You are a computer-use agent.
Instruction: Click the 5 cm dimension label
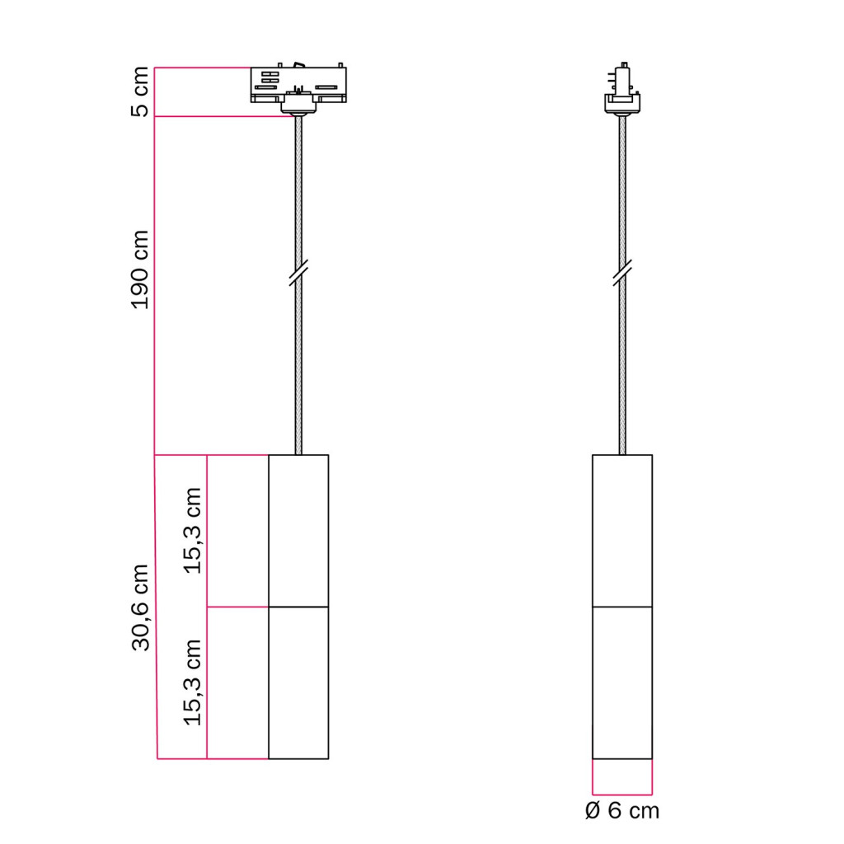coord(140,91)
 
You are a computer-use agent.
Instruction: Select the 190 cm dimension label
coord(140,270)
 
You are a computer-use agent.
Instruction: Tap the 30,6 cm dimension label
coord(140,607)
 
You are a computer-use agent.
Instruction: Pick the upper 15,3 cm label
coord(192,531)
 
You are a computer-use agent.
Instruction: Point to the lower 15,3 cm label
coord(192,682)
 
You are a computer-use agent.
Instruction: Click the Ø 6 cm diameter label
coord(622,811)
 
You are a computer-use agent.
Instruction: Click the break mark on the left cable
coord(298,272)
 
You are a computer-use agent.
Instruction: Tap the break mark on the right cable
coord(622,272)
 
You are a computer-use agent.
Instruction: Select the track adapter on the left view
coord(298,88)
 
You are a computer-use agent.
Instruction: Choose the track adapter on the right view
coord(622,89)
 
